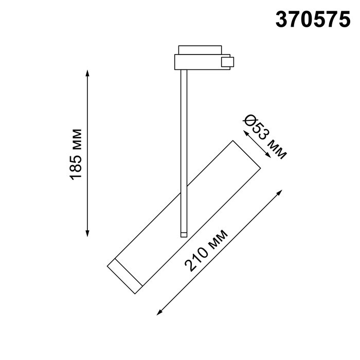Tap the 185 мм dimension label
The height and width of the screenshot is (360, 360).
[76, 153]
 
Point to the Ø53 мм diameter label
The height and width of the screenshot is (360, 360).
[264, 137]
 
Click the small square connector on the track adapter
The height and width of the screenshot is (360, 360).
[226, 62]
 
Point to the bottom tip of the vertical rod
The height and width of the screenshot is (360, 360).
[183, 235]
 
